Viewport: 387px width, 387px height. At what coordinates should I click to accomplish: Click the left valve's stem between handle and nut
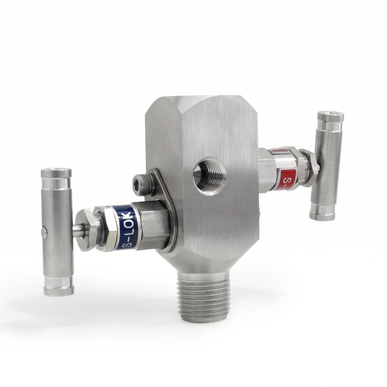77,231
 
